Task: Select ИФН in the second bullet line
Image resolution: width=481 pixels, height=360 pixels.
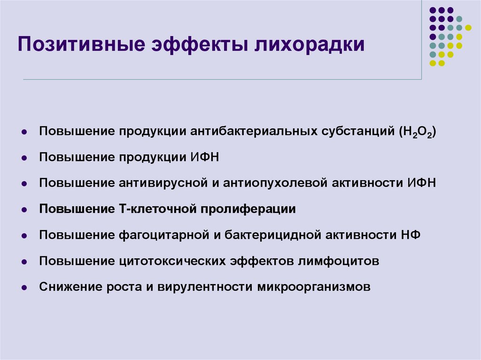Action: coord(205,157)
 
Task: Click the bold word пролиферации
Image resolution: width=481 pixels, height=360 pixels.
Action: coord(248,208)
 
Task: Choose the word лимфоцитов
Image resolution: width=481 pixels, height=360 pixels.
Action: coord(338,260)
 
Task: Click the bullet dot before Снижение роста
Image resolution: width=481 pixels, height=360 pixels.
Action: coord(23,287)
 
